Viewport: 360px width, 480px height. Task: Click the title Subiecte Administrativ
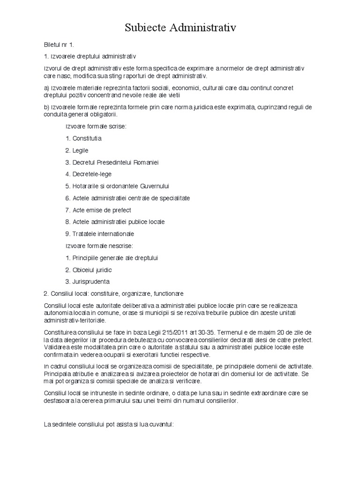pos(180,28)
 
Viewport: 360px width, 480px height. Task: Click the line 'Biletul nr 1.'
pos(59,45)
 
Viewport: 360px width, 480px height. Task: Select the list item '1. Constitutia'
pos(84,138)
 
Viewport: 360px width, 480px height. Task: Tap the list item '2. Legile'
pos(77,150)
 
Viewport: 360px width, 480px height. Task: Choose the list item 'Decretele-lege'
pos(92,174)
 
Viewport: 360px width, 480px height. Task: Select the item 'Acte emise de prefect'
pos(98,210)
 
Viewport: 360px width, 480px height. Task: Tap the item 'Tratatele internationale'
pos(100,233)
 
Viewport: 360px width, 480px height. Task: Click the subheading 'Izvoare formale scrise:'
pos(96,127)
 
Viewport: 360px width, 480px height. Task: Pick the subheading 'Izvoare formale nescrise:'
pos(99,246)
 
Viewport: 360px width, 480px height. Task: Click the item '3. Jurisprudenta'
pos(88,282)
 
